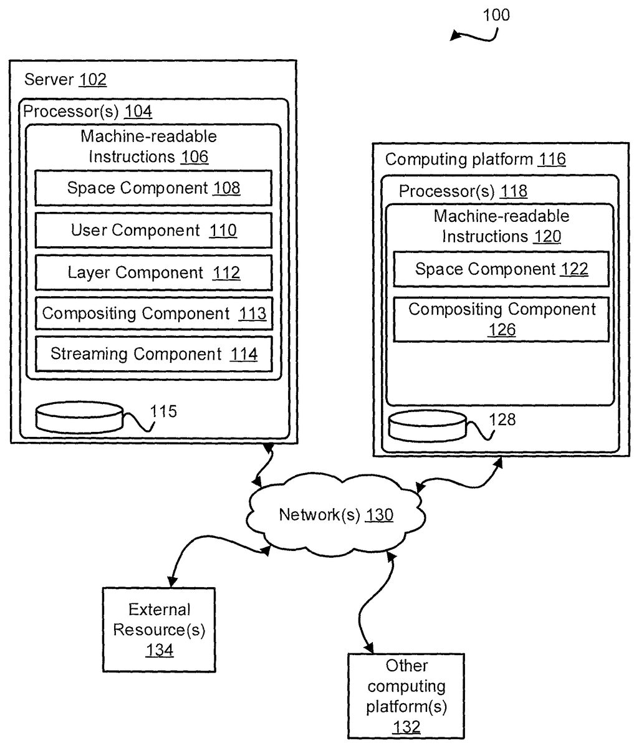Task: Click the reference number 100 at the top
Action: pyautogui.click(x=496, y=15)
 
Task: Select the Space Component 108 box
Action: pyautogui.click(x=153, y=188)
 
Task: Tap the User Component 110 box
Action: pyautogui.click(x=153, y=231)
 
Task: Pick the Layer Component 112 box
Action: pyautogui.click(x=153, y=272)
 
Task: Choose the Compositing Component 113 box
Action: pyautogui.click(x=153, y=314)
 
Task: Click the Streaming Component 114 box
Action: pyautogui.click(x=153, y=354)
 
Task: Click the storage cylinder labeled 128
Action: pyautogui.click(x=427, y=426)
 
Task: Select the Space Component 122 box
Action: pyautogui.click(x=501, y=269)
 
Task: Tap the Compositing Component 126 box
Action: pyautogui.click(x=501, y=319)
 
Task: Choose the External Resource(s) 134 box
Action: pyautogui.click(x=160, y=630)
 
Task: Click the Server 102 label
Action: pyautogui.click(x=65, y=80)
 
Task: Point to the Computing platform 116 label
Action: pyautogui.click(x=475, y=160)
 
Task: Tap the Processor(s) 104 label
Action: pyautogui.click(x=87, y=112)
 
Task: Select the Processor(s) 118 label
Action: pyautogui.click(x=463, y=191)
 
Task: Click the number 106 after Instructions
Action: pyautogui.click(x=195, y=156)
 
